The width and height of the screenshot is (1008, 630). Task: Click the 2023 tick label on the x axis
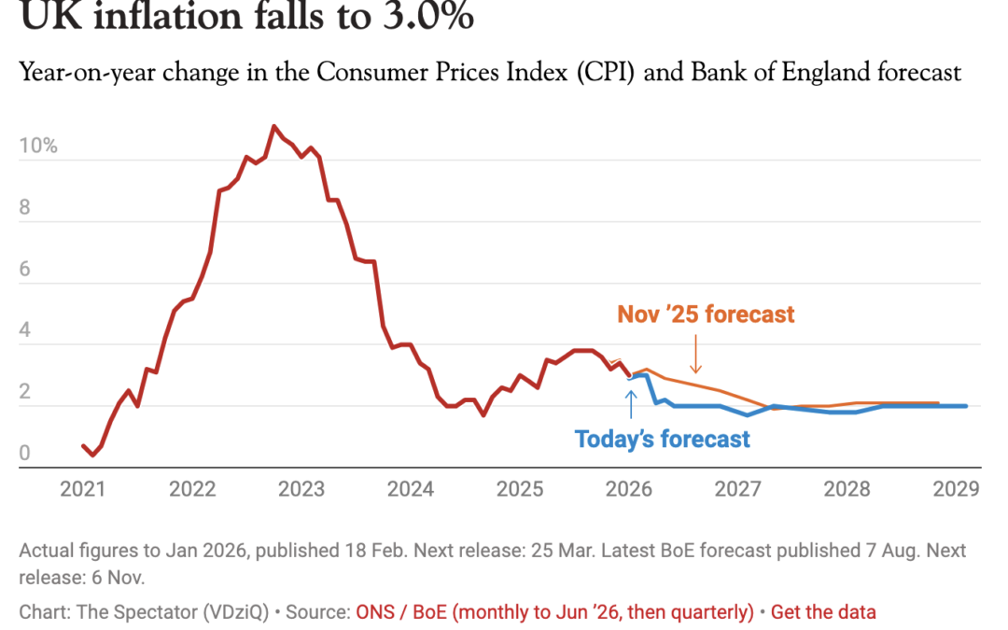[x=301, y=488]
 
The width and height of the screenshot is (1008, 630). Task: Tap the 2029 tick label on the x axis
[x=956, y=488]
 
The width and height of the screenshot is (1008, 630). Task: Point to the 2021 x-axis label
[x=84, y=488]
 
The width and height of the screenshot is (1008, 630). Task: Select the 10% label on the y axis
[x=37, y=146]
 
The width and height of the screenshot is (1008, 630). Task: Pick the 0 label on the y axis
[x=25, y=453]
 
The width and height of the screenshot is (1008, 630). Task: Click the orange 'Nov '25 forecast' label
[x=706, y=314]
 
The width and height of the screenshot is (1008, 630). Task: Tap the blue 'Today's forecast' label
[x=662, y=439]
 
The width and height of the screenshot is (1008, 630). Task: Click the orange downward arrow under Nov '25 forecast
[x=694, y=356]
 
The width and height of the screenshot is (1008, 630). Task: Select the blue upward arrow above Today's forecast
[x=631, y=403]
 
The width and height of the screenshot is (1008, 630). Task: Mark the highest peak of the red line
[x=273, y=126]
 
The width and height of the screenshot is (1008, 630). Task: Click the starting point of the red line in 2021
[x=83, y=445]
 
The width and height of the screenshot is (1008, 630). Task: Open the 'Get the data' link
[x=823, y=612]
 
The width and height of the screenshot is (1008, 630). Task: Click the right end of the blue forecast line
[x=966, y=406]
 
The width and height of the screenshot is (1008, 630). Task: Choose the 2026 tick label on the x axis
[x=630, y=488]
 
